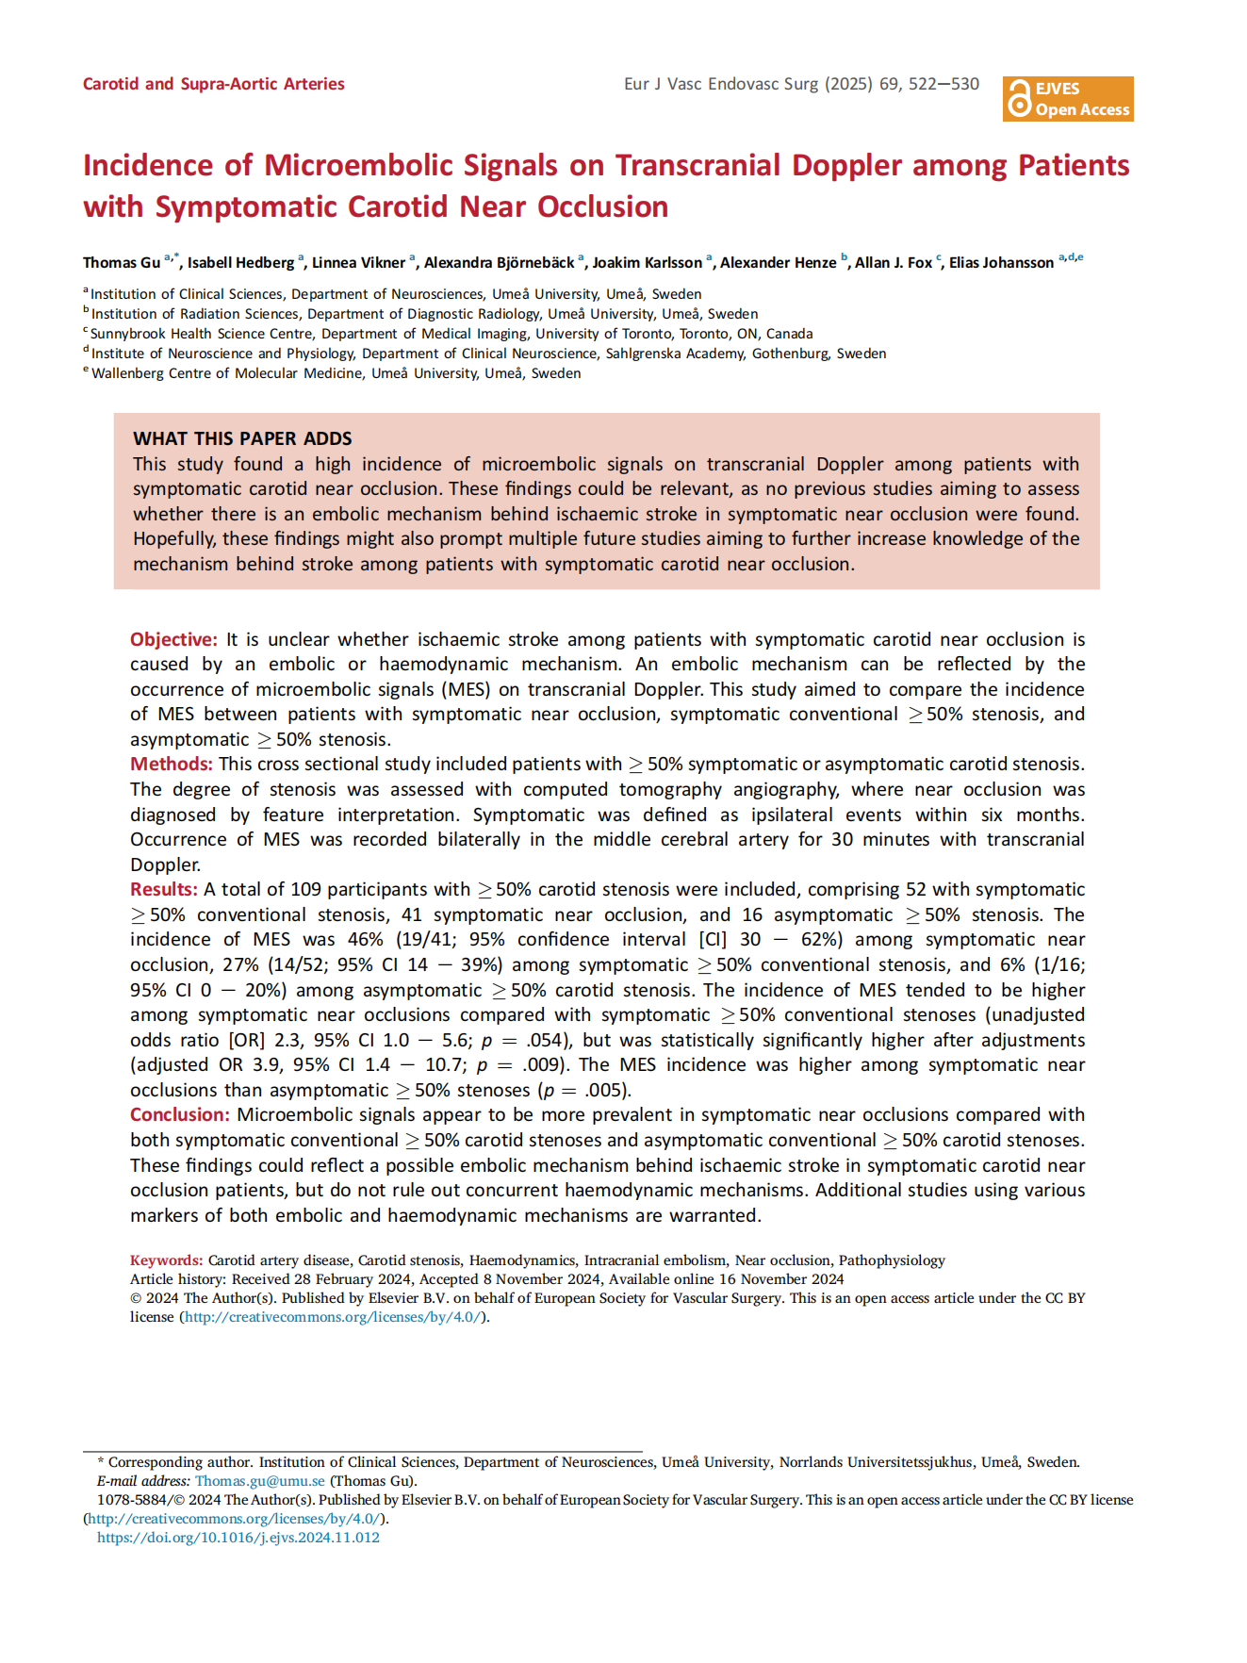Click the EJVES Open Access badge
(x=1067, y=99)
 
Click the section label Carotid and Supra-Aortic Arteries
(x=214, y=84)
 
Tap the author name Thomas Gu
(x=122, y=263)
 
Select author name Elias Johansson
(x=1001, y=263)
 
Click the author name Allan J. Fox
(x=893, y=263)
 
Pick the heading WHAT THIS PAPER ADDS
(x=242, y=438)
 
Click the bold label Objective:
(x=173, y=639)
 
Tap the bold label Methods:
(x=172, y=764)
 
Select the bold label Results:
(x=164, y=889)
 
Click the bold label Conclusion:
(x=180, y=1114)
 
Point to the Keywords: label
(x=166, y=1260)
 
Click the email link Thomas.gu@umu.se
(x=259, y=1481)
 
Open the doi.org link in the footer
(x=238, y=1538)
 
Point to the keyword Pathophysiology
(x=892, y=1260)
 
